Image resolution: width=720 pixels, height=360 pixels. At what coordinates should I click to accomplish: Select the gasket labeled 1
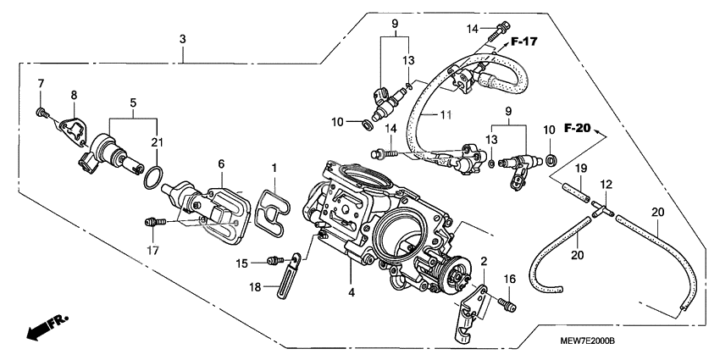[272, 208]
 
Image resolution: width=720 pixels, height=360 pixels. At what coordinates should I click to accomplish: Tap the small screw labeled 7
[41, 110]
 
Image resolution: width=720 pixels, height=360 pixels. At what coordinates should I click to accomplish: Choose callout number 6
[220, 163]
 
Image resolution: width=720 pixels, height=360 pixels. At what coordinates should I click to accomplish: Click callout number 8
[74, 96]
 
